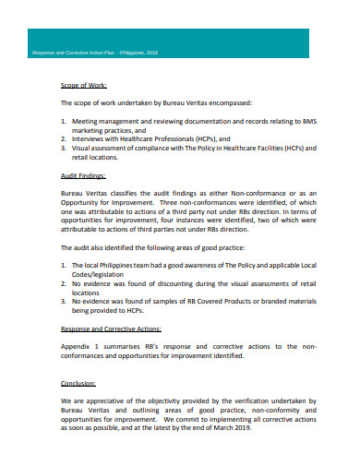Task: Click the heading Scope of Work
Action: click(84, 86)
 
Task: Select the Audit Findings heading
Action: click(84, 174)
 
